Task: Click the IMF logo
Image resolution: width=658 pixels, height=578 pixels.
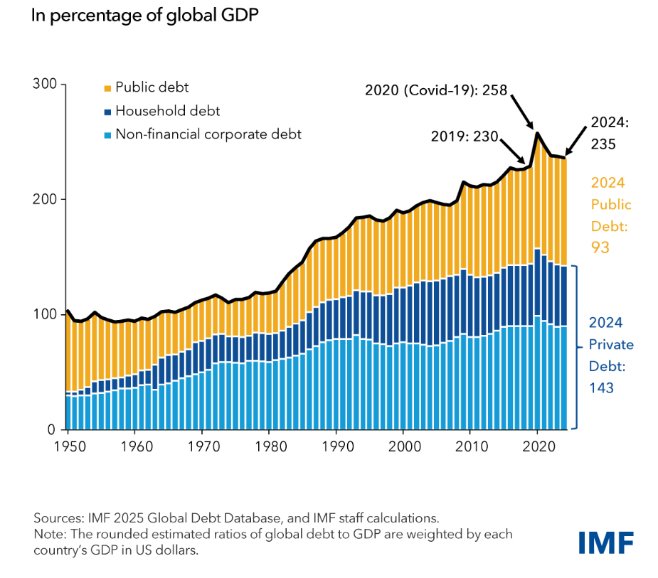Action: click(605, 542)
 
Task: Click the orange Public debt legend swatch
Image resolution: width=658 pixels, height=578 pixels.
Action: click(107, 88)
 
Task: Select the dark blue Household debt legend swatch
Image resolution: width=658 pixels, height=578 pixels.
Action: click(107, 111)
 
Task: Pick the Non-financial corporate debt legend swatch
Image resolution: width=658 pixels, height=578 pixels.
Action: click(107, 134)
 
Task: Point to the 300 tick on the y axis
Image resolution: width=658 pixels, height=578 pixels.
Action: click(46, 85)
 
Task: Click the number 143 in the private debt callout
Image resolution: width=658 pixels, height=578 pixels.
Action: click(600, 387)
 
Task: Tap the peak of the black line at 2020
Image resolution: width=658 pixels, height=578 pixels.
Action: click(538, 133)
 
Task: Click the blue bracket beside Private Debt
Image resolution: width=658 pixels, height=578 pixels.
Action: click(575, 347)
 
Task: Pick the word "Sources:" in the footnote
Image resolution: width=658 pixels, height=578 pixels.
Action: click(58, 517)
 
